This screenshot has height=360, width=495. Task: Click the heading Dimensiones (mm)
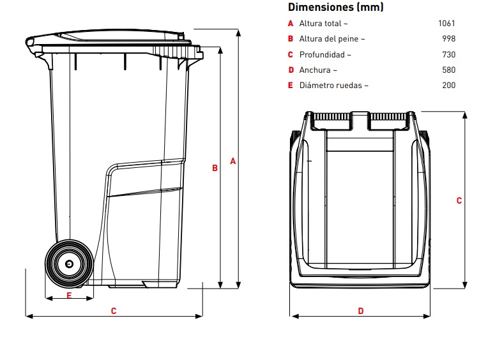click(x=336, y=8)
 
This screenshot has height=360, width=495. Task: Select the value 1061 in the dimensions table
click(x=446, y=24)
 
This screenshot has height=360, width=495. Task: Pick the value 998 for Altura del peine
click(x=448, y=39)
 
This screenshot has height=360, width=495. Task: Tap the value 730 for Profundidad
click(x=448, y=54)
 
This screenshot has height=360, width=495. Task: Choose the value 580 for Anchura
click(x=448, y=70)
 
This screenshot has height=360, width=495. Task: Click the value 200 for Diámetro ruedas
click(x=448, y=86)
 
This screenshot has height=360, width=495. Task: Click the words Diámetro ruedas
click(x=333, y=86)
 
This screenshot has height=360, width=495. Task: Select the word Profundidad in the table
click(x=326, y=54)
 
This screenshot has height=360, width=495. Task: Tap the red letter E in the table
click(x=291, y=86)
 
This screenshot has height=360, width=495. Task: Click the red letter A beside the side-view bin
click(x=233, y=162)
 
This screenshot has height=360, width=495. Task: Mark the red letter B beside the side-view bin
click(x=215, y=169)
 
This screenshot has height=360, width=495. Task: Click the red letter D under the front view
click(x=361, y=311)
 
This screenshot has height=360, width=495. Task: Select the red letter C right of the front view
click(x=459, y=200)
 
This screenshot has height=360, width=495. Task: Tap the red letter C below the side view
click(x=114, y=311)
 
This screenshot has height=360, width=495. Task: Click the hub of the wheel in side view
click(x=69, y=263)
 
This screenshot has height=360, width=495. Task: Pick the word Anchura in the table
click(x=318, y=70)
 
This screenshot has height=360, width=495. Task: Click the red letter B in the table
click(x=291, y=39)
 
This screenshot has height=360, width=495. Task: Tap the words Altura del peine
click(x=332, y=39)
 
